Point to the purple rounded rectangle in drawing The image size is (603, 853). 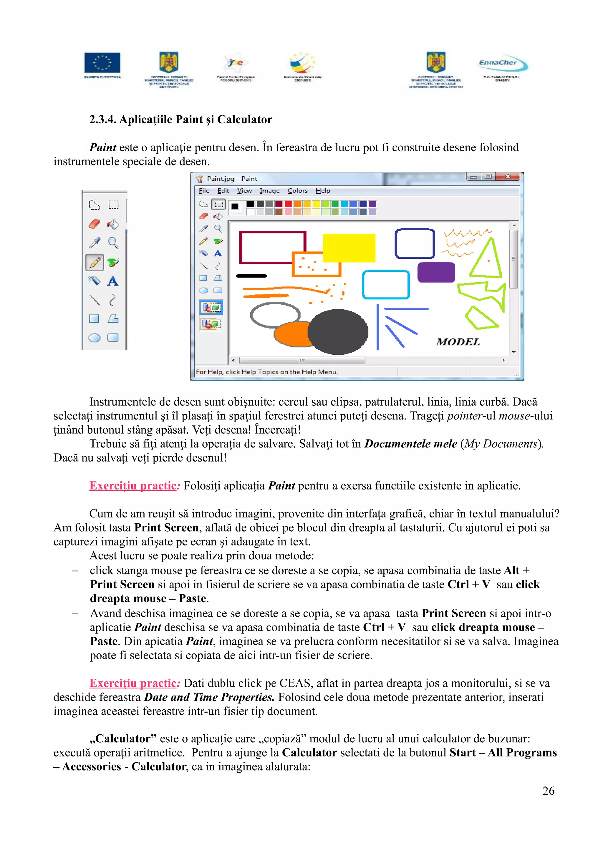tap(436, 272)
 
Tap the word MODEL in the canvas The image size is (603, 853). tap(458, 342)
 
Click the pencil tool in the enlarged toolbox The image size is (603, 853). tap(95, 262)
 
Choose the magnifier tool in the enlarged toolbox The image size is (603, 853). tap(113, 243)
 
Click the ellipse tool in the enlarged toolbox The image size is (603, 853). tap(95, 338)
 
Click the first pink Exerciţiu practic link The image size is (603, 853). tap(132, 486)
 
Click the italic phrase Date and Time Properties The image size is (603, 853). tap(209, 697)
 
